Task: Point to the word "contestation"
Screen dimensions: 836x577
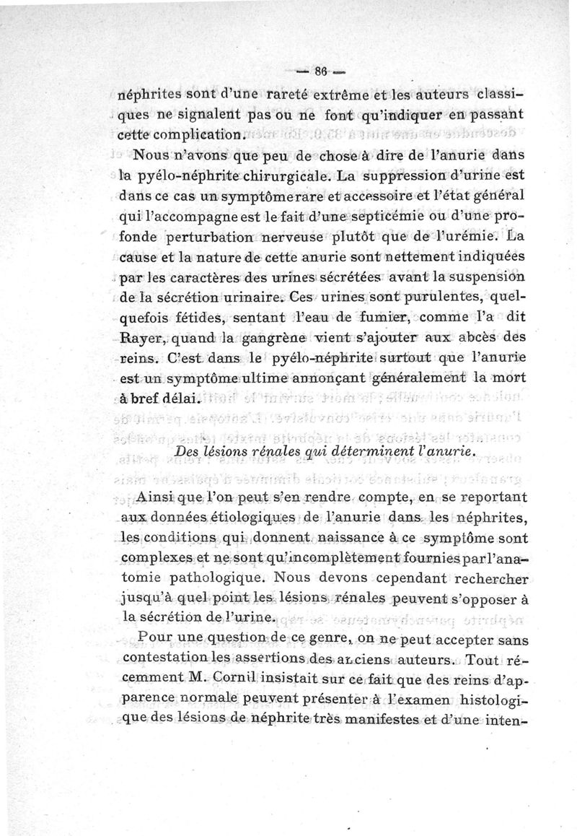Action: click(159, 658)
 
